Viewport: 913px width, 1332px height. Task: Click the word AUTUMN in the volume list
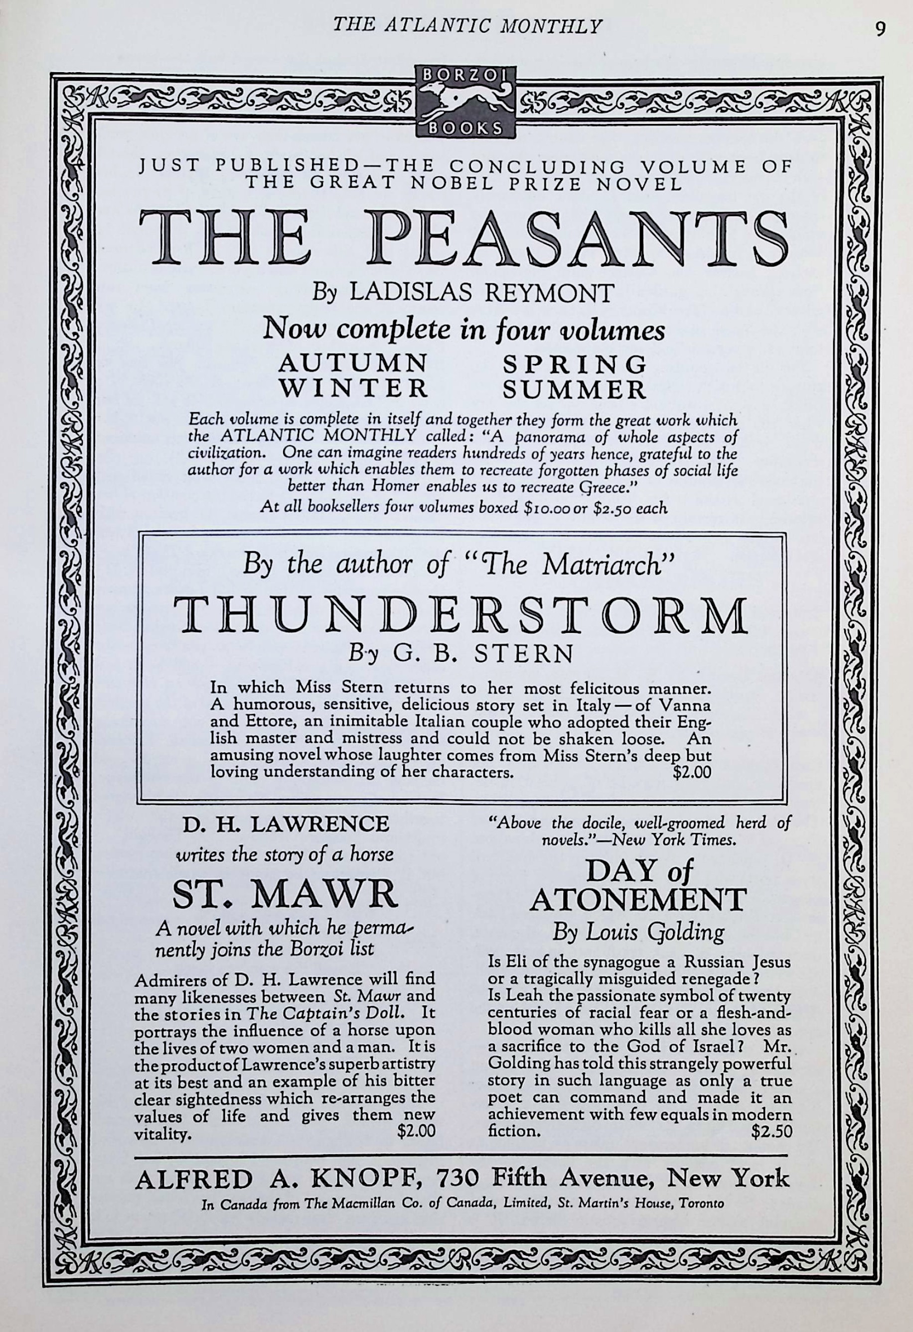353,363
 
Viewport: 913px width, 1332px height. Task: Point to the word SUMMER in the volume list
575,390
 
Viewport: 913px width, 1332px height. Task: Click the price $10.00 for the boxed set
551,508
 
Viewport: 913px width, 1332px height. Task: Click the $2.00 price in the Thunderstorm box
692,772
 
